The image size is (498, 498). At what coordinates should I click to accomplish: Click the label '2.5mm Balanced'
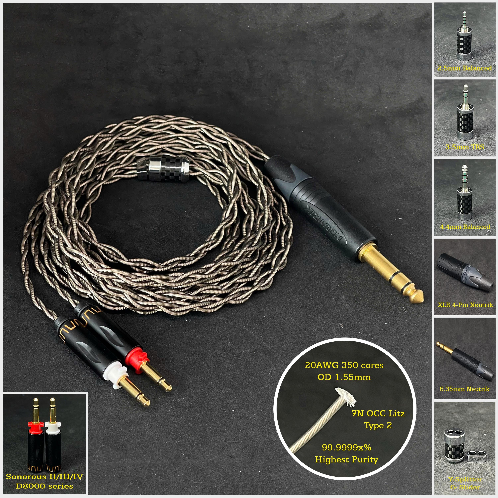(x=464, y=68)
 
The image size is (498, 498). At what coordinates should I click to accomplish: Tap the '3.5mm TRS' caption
(x=465, y=147)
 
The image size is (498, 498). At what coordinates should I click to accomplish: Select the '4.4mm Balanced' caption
(x=465, y=227)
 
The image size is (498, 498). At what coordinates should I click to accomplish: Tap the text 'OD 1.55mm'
(x=344, y=377)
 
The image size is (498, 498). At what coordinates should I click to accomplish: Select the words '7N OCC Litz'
(x=378, y=414)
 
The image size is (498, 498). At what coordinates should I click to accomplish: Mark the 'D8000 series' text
(x=44, y=486)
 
